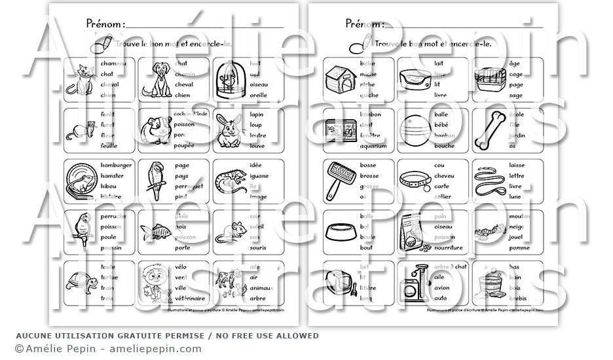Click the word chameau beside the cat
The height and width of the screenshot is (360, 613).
113,63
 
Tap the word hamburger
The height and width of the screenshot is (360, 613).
117,165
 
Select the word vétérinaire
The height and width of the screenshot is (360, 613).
190,297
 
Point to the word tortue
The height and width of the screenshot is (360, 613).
109,278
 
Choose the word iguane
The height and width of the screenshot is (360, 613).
259,175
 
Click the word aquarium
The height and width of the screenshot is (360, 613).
373,146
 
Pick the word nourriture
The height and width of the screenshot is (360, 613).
449,247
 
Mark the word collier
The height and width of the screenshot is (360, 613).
443,196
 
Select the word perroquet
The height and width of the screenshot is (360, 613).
189,186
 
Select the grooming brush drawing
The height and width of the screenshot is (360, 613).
341,179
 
